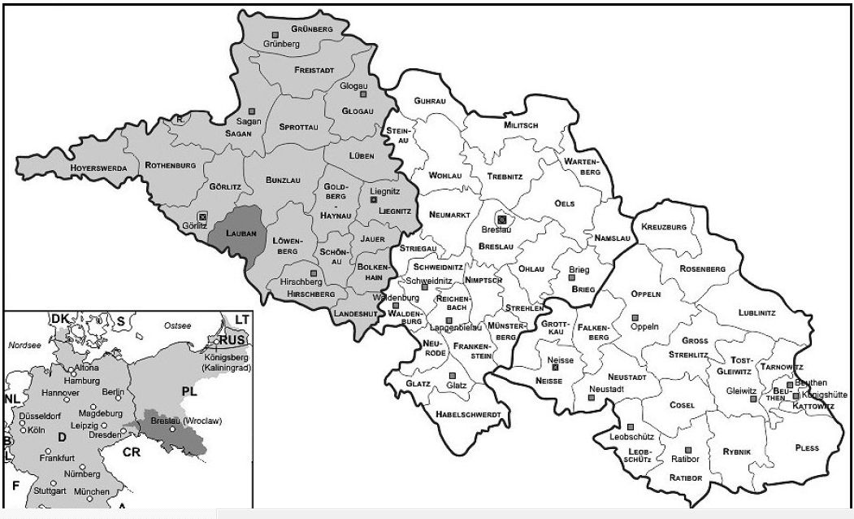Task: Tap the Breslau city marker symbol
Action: coord(502,218)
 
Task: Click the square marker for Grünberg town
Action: coord(275,34)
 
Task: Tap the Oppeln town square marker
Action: coord(635,316)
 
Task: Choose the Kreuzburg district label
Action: coord(664,226)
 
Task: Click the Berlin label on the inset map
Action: coord(113,392)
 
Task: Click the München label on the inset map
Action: coord(91,492)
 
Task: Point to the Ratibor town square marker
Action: coord(687,450)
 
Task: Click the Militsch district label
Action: coord(521,125)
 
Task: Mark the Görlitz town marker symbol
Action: coord(202,216)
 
